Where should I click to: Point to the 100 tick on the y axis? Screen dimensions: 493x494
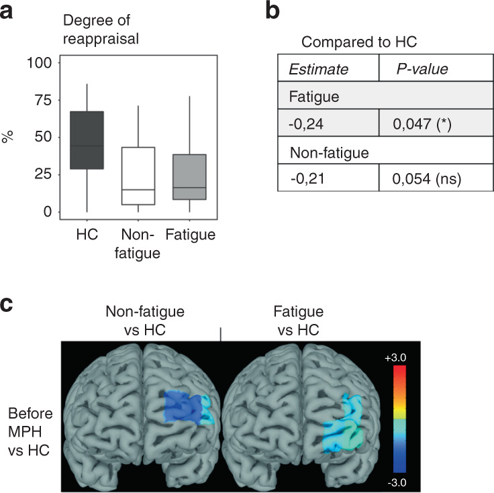coord(44,63)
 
